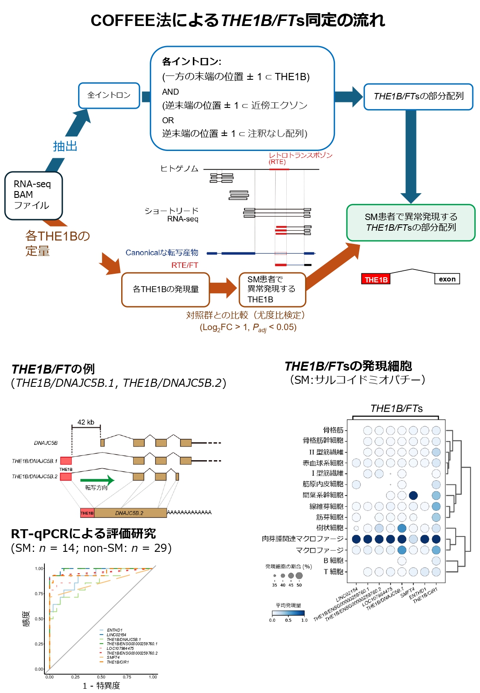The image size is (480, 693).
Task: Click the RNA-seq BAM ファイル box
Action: point(33,195)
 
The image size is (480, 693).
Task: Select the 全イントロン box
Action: point(109,96)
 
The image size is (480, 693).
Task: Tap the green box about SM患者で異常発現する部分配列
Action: point(410,222)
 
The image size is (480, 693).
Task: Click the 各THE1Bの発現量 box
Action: point(166,289)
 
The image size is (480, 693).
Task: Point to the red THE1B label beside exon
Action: point(376,279)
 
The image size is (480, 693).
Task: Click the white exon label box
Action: point(447,279)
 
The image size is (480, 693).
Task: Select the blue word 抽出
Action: point(65,146)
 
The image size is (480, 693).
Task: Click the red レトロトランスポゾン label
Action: point(300,155)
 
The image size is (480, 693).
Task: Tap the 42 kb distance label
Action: point(86,422)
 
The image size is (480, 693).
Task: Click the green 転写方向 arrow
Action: point(97,480)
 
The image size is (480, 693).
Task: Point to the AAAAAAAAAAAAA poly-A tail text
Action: point(189,512)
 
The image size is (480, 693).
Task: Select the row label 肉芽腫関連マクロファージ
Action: point(303,539)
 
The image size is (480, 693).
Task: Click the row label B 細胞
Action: point(333,560)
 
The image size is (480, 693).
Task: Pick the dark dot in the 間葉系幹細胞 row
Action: point(413,495)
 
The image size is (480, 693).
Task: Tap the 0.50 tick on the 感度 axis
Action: point(39,619)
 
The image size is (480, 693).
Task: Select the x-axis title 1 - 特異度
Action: point(102,685)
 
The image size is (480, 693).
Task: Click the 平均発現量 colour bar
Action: point(288,613)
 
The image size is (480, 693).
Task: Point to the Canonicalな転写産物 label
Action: point(162,253)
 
